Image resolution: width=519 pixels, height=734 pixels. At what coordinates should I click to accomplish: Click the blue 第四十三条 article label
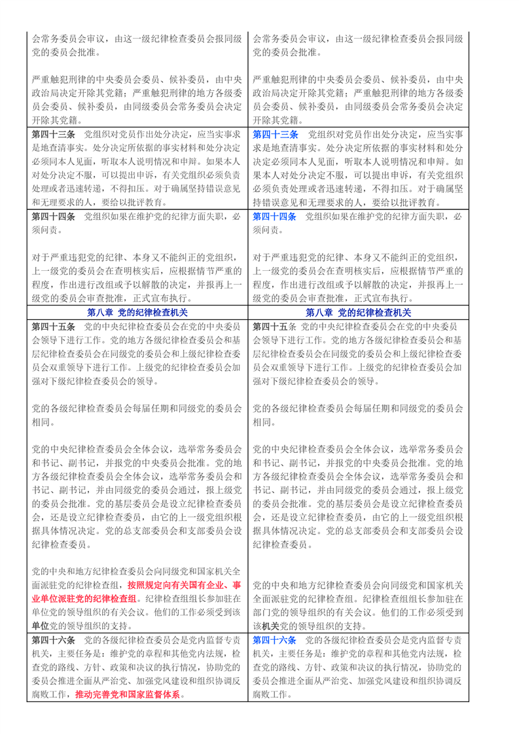[x=274, y=133]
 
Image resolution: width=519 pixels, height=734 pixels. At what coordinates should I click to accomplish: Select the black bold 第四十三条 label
[x=53, y=133]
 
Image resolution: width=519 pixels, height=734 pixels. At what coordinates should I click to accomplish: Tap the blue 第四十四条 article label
[x=274, y=217]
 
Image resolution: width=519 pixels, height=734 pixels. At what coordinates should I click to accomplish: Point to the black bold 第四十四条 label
[x=53, y=217]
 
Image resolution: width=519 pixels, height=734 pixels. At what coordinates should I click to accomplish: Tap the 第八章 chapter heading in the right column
[x=358, y=313]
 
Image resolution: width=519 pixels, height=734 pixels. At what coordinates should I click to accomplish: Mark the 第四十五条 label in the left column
[x=53, y=326]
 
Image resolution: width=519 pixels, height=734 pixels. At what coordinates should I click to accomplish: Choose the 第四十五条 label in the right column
[x=274, y=326]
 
